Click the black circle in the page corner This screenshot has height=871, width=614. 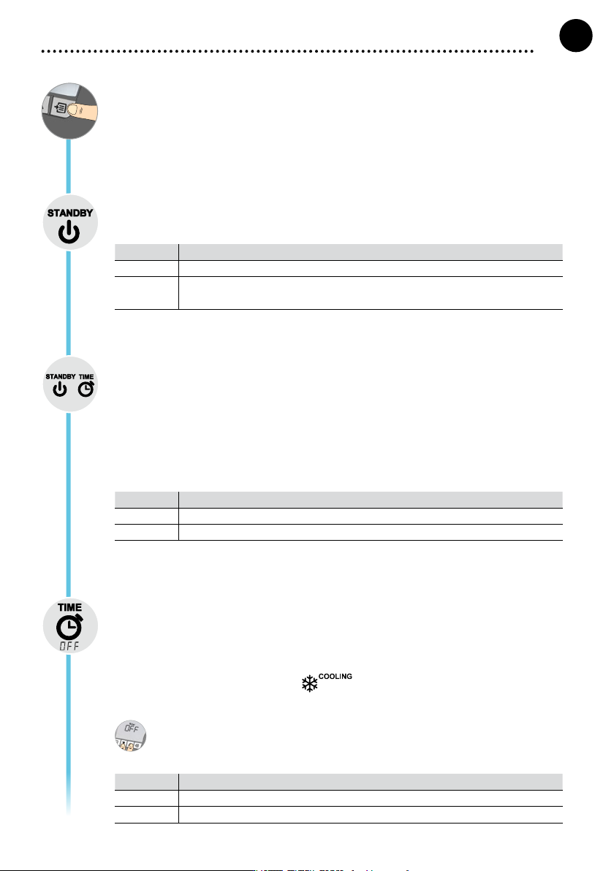pos(576,36)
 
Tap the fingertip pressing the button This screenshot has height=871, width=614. pos(75,110)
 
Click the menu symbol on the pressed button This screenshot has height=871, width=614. pos(61,106)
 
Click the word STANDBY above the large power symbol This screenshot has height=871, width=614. pos(70,213)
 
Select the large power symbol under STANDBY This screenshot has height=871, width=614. pos(69,232)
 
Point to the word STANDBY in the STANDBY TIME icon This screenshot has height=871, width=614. pos(61,376)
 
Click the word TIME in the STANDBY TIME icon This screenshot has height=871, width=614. pos(86,376)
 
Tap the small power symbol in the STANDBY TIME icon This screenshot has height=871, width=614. pos(59,390)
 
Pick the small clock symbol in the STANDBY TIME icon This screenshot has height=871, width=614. pos(86,389)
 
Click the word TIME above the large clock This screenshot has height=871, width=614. pos(70,607)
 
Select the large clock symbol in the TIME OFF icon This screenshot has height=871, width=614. pos(69,627)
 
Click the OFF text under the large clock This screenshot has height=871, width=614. pos(69,645)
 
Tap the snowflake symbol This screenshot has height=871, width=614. pos(309,684)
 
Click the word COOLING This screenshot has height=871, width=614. pos(335,676)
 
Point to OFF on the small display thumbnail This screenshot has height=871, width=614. pos(131,728)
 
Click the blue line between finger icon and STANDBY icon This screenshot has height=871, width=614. pos(69,166)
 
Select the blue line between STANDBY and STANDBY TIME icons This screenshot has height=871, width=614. pos(69,303)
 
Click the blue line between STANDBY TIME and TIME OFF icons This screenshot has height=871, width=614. pos(69,505)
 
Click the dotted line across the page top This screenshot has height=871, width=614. pos(287,51)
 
